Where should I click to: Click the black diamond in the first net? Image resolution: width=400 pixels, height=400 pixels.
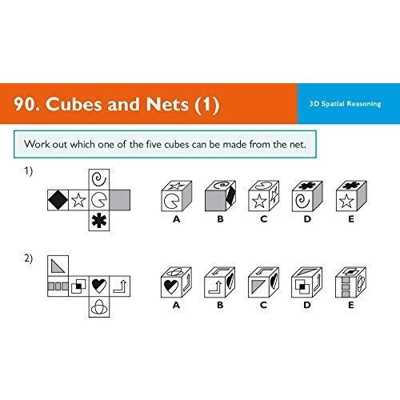coord(58,200)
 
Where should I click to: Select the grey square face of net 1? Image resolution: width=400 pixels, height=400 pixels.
coord(120,200)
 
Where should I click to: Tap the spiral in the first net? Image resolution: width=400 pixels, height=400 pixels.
coord(99,179)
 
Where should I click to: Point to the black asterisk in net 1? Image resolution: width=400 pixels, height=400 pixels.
coord(99,221)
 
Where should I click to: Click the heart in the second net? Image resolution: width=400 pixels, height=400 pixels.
coord(99,286)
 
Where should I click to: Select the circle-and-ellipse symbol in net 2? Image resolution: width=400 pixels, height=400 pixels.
coord(99,307)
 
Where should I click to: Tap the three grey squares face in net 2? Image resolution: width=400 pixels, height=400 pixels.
coord(58,286)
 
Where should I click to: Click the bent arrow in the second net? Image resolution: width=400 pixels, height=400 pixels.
coord(120,286)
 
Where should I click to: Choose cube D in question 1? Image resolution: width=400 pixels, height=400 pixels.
coord(307,196)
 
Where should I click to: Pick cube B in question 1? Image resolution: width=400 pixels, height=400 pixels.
coord(220,196)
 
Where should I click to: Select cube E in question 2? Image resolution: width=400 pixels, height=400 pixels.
coord(350,282)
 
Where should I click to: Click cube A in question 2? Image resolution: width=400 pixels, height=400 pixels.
coord(176,282)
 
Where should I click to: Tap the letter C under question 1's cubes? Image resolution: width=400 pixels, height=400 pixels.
coord(264,219)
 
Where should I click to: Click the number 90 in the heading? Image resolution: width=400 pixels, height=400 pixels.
coord(24,104)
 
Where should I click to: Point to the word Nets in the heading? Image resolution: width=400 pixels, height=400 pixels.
coord(167,104)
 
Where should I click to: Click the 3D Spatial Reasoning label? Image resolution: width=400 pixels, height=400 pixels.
coord(345,104)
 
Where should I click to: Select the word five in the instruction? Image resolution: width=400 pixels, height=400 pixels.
coord(154,144)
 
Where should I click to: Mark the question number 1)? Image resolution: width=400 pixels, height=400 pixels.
coord(28,171)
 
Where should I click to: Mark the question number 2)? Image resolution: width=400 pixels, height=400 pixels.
coord(28,258)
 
